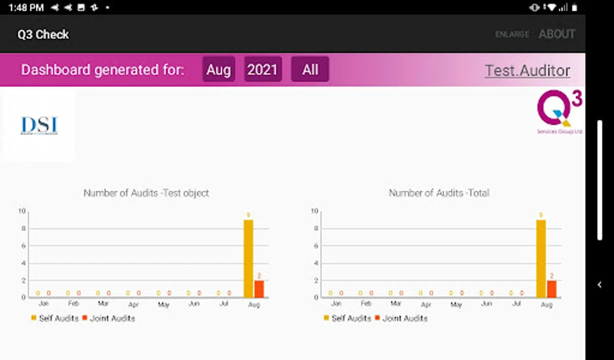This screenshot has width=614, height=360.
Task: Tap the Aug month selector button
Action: coord(219,70)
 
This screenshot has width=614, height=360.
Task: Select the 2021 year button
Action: coord(263,70)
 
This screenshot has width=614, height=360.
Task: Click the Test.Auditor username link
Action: coord(527,71)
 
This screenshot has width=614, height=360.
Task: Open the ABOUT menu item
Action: coord(557,34)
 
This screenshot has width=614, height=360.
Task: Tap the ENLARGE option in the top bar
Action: coord(512,35)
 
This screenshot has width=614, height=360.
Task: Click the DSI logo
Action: coord(39,125)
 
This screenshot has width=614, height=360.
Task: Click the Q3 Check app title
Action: coord(43,35)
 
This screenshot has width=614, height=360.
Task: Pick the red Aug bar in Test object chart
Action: coord(259,289)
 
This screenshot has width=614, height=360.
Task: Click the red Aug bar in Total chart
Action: coord(552,289)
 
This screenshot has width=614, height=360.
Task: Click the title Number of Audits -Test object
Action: coord(146,193)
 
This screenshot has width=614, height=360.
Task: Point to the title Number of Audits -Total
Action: coord(439,193)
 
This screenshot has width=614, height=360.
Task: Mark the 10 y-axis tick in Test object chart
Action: coord(22,211)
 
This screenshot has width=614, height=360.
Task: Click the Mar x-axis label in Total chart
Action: coord(396,304)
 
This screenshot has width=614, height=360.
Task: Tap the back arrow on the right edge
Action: coord(599,285)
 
